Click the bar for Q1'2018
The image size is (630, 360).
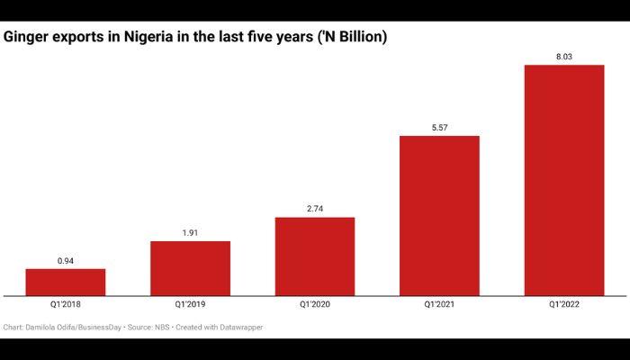coord(65,282)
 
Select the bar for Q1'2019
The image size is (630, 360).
coord(190,268)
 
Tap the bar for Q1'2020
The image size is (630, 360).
coord(315,256)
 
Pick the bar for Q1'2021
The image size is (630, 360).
coord(439,215)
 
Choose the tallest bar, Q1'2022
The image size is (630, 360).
coord(564,180)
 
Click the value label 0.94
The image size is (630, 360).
coord(65,261)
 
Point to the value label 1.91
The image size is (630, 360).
coord(190,233)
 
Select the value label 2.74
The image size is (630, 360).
coord(315,210)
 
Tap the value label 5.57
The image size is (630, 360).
coord(439,128)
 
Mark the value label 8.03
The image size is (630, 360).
coord(564,57)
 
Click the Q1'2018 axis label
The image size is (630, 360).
coord(65,306)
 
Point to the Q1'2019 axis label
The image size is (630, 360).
coord(190,306)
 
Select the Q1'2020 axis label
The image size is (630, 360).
coord(315,306)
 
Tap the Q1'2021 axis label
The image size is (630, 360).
coord(439,306)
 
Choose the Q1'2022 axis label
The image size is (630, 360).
coord(564,306)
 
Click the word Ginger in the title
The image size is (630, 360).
coord(26,36)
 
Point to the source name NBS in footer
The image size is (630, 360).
coord(159,328)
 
